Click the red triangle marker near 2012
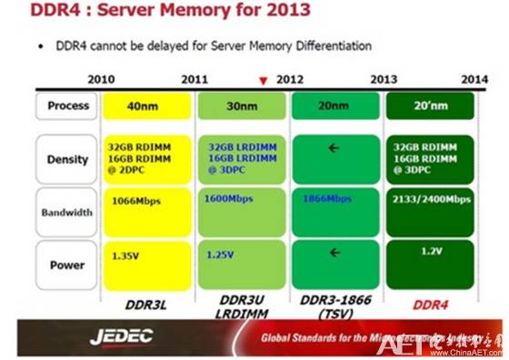click(264, 81)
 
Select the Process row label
click(68, 106)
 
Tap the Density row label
click(68, 160)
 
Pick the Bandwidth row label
click(68, 213)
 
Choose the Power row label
click(68, 265)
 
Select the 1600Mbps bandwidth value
click(229, 198)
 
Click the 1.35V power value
click(125, 256)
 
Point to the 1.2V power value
click(430, 249)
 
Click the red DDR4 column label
click(430, 300)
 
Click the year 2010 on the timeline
click(101, 79)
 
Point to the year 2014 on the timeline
click(474, 79)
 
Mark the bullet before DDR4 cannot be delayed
click(41, 45)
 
